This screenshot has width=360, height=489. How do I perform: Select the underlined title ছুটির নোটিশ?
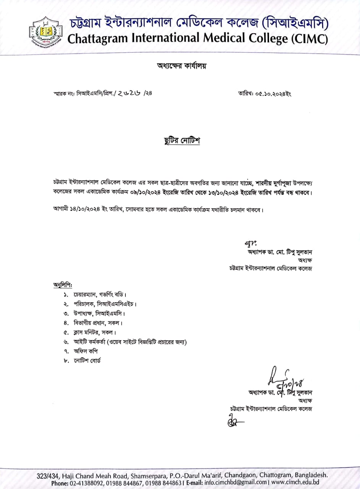[182, 141]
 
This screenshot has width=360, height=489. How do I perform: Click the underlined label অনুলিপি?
[63, 285]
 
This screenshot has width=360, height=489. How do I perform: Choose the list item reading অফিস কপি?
[88, 351]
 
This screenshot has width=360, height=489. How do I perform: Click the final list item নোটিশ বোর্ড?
[90, 361]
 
